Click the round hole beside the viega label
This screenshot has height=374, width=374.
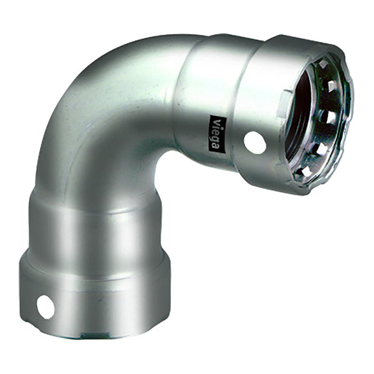tap(255, 142)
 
